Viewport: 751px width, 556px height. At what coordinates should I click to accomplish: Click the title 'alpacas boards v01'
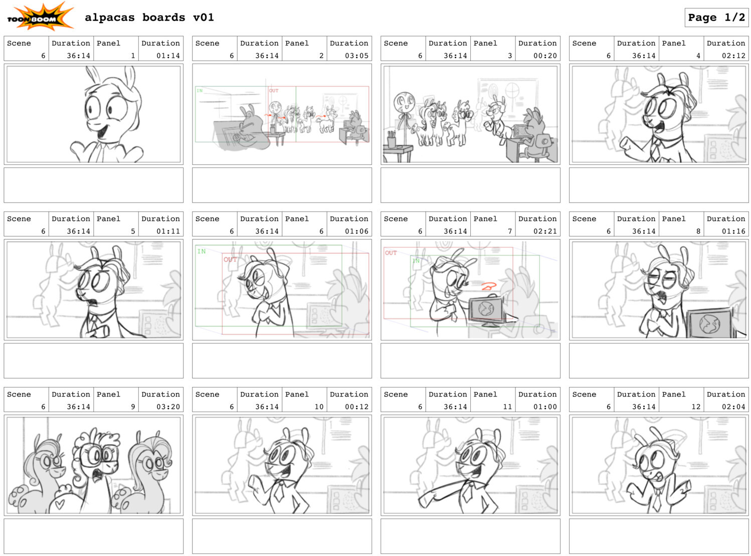pyautogui.click(x=149, y=17)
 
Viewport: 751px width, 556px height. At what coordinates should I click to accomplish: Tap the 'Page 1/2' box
pyautogui.click(x=716, y=17)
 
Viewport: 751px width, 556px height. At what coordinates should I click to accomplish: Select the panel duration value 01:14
pyautogui.click(x=168, y=56)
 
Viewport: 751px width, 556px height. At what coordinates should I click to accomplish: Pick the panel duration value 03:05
pyautogui.click(x=356, y=56)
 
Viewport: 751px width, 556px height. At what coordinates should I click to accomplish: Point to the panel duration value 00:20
pyautogui.click(x=545, y=56)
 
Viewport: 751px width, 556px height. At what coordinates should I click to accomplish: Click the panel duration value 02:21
pyautogui.click(x=545, y=231)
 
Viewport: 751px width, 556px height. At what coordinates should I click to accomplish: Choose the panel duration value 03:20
pyautogui.click(x=168, y=406)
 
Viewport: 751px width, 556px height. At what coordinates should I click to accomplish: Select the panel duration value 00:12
pyautogui.click(x=356, y=406)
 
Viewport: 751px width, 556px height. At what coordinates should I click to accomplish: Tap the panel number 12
pyautogui.click(x=696, y=406)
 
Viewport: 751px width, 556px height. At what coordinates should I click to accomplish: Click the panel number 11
pyautogui.click(x=507, y=406)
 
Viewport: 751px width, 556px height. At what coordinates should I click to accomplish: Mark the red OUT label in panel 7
pyautogui.click(x=391, y=253)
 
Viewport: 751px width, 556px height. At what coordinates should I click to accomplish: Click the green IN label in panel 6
pyautogui.click(x=202, y=251)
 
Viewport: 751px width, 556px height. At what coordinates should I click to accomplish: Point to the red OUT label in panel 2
pyautogui.click(x=274, y=91)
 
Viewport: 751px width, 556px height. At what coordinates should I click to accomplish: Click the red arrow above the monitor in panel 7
pyautogui.click(x=489, y=286)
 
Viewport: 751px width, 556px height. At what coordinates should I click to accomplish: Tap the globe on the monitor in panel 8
pyautogui.click(x=709, y=324)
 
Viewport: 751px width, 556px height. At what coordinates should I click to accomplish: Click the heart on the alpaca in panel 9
pyautogui.click(x=60, y=504)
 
